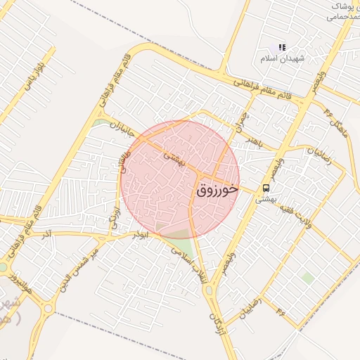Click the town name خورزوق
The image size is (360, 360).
pyautogui.click(x=217, y=190)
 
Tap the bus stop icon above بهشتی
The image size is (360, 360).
pyautogui.click(x=266, y=188)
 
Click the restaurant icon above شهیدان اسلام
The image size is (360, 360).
pyautogui.click(x=281, y=47)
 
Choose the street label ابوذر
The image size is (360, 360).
pyautogui.click(x=139, y=235)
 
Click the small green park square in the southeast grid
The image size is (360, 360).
pyautogui.click(x=307, y=278)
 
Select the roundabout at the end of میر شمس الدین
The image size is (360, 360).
pyautogui.click(x=48, y=307)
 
